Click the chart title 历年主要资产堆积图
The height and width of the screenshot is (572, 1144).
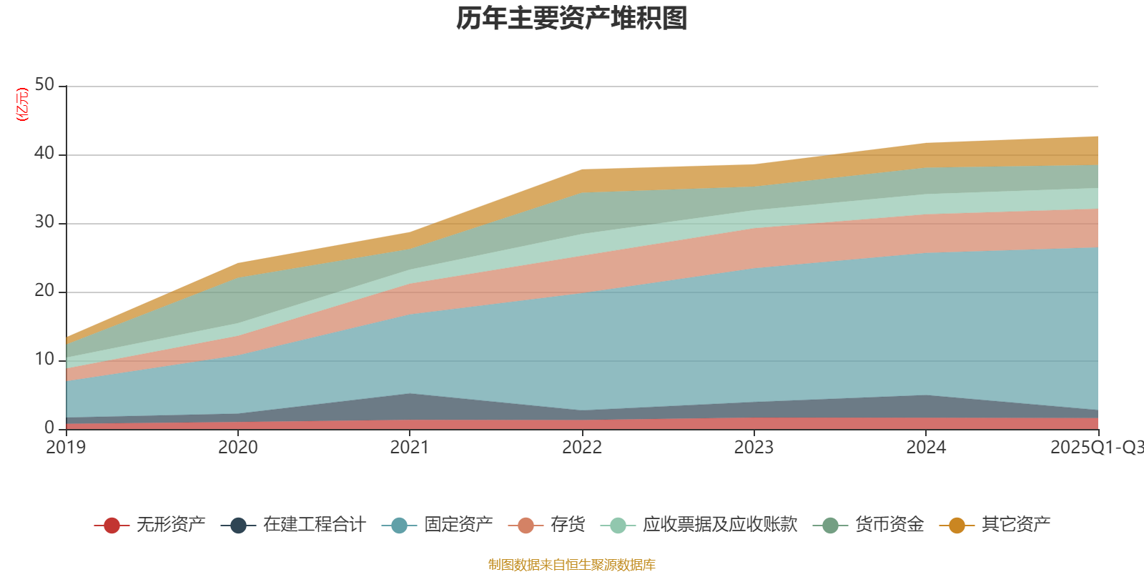572,19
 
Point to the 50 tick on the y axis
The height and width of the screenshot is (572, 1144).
44,84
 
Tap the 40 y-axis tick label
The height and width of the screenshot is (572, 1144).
44,153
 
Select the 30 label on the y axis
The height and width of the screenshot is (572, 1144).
44,222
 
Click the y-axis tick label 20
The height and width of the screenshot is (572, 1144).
44,290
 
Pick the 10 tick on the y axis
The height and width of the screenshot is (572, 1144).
44,359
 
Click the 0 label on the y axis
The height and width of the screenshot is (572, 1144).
49,428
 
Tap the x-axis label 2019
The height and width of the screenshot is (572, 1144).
66,448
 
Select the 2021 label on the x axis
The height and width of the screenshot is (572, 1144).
410,448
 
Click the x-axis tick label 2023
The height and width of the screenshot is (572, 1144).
754,448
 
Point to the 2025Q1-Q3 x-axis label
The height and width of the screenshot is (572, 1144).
1095,448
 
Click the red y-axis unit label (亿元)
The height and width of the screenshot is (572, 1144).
22,104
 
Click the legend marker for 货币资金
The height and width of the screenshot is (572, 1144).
830,526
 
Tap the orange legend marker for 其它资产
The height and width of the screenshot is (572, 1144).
957,526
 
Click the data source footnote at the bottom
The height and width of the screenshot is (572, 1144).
572,565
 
